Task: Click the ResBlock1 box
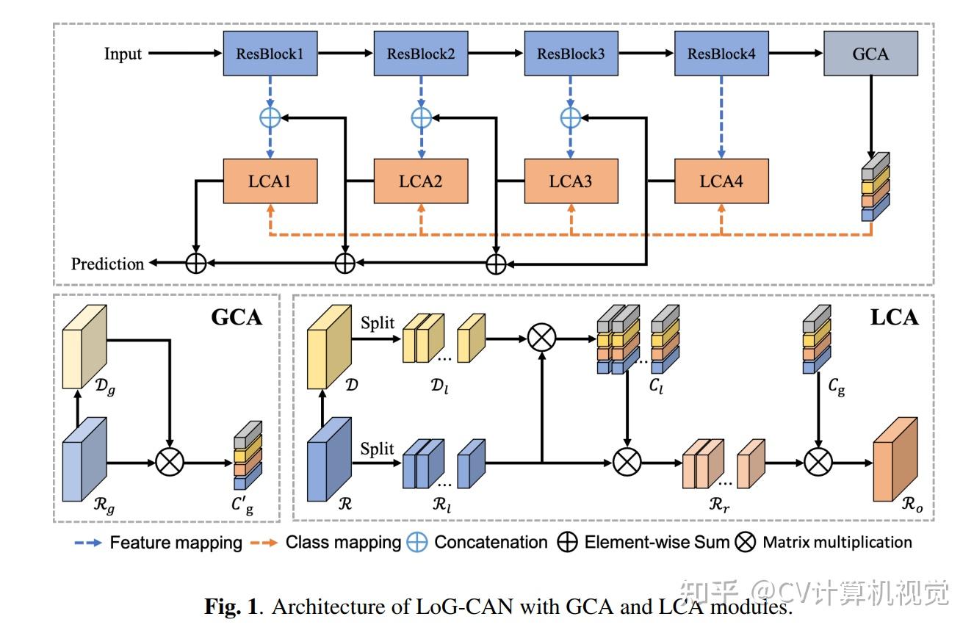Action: point(270,54)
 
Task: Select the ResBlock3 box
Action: point(571,54)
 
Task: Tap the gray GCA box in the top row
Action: point(871,54)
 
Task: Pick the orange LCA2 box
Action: point(421,181)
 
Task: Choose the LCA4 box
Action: point(721,181)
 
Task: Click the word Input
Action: point(123,54)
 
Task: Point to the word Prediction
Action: point(107,264)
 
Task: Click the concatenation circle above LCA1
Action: point(270,117)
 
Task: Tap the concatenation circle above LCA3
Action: point(571,117)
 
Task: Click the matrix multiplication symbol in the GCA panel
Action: point(170,463)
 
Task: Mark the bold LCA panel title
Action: point(894,317)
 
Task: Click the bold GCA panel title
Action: point(237,317)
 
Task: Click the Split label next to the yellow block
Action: point(378,324)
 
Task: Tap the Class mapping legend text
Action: point(343,543)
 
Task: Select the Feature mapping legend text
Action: point(176,543)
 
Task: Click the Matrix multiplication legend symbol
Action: point(746,543)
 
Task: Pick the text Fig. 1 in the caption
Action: point(231,607)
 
